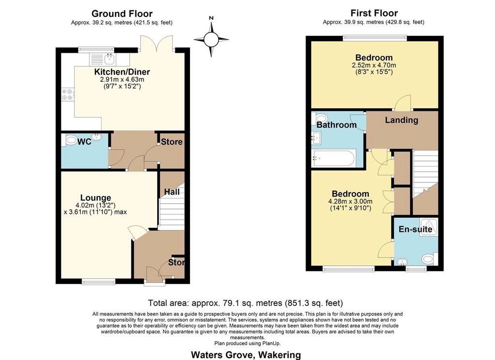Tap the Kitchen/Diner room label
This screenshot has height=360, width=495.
[x=122, y=72]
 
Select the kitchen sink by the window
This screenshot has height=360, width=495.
[x=103, y=59]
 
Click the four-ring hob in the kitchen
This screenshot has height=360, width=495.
[x=68, y=94]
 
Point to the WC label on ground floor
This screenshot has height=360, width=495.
[x=84, y=142]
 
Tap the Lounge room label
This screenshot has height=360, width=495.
[x=96, y=197]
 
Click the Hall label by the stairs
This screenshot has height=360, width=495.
[x=172, y=192]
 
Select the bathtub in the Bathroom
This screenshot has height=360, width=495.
[x=334, y=158]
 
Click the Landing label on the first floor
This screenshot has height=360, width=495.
[x=402, y=120]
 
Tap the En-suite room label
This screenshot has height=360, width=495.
[x=415, y=229]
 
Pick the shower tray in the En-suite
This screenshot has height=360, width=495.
[x=429, y=227]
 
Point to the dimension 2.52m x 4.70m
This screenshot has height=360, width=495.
[x=374, y=65]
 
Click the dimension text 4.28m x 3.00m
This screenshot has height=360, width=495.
[x=350, y=201]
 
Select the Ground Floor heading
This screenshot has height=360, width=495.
[x=122, y=14]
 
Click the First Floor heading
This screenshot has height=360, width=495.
[x=374, y=13]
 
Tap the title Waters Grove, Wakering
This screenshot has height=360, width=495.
[x=246, y=355]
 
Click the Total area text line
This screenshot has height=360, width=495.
[x=246, y=303]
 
